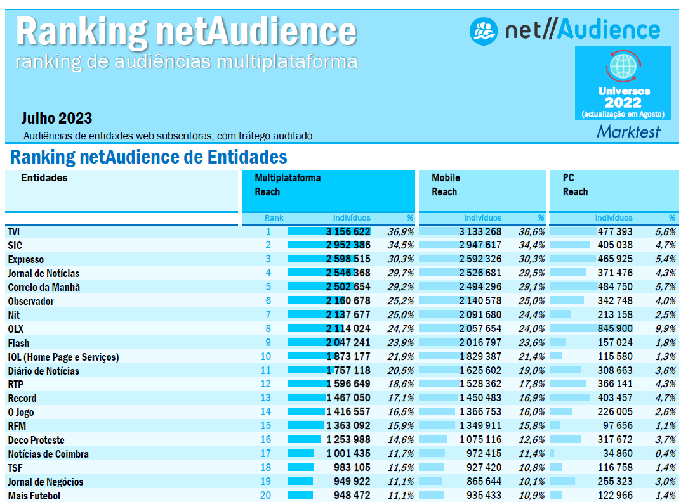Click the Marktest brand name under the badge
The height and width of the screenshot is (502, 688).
tap(628, 131)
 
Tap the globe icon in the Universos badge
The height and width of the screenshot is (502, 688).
tap(622, 66)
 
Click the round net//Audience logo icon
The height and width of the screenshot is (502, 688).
tap(484, 30)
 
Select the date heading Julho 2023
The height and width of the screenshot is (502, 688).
tap(56, 118)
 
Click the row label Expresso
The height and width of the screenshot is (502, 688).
tap(26, 259)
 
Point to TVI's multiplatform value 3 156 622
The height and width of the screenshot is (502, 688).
tap(348, 231)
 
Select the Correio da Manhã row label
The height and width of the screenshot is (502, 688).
tap(44, 287)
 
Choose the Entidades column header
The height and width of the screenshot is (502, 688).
tap(44, 177)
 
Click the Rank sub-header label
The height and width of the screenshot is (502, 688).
tap(274, 217)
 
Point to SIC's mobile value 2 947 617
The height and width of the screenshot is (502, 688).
tap(480, 245)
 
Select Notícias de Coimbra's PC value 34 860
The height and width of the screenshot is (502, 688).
tap(616, 454)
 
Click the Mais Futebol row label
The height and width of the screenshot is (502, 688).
tap(34, 496)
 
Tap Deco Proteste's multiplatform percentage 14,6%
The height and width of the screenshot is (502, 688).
tap(400, 440)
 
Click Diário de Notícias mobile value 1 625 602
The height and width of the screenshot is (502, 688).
tap(480, 371)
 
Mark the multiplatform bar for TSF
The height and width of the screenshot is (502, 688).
tap(301, 468)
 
